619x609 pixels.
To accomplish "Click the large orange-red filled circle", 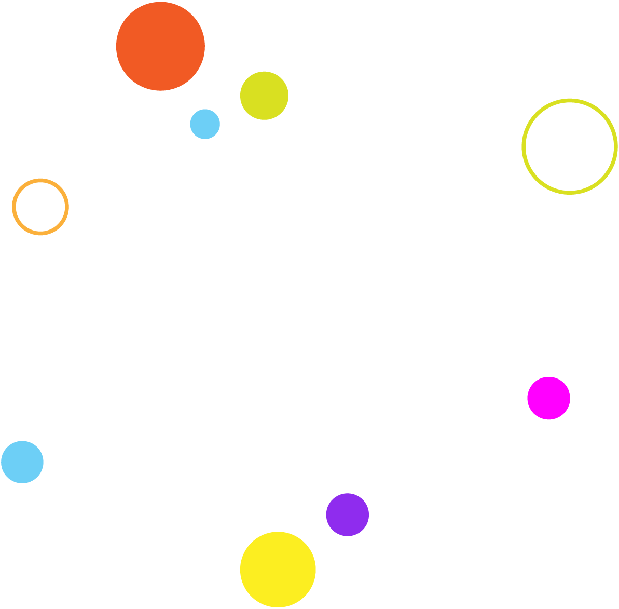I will point(160,46).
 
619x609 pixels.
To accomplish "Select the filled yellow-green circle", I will point(264,96).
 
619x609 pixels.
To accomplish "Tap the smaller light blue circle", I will point(205,124).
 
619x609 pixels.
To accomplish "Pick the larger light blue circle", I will point(22,462).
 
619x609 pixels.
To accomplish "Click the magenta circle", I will point(548,398).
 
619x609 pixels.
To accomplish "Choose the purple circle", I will point(348,515).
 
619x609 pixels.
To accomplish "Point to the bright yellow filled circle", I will point(278,570).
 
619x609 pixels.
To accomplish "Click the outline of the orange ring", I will point(14,207).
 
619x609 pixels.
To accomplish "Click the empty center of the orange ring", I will point(40,207).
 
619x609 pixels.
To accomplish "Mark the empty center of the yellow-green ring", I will point(570,147).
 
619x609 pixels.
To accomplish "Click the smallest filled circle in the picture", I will point(205,124).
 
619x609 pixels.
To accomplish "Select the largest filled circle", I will point(160,46).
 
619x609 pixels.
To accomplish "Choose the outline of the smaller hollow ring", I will point(14,207).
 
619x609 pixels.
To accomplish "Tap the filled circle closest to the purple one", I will point(278,570).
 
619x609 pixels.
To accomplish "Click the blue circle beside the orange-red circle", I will point(205,124).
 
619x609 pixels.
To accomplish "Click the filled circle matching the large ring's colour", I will point(264,96).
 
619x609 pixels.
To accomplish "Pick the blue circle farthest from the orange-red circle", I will point(22,462).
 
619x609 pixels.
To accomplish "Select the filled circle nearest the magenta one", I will point(348,515).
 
